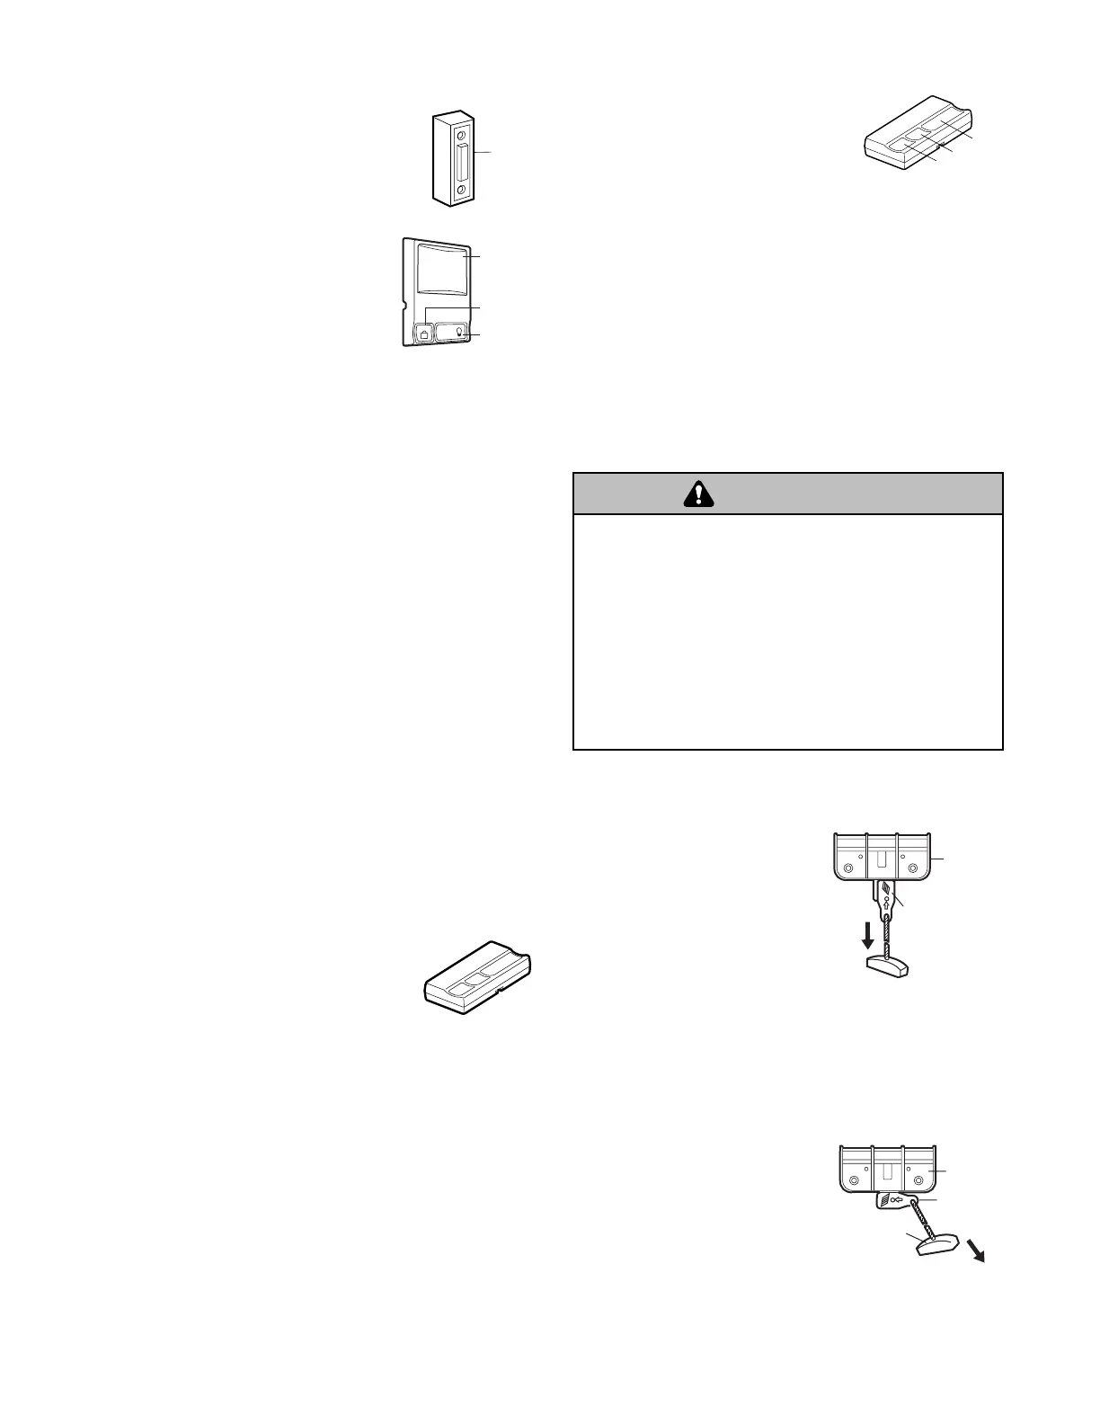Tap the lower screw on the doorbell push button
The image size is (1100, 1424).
(x=461, y=190)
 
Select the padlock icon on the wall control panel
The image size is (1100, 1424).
(x=423, y=334)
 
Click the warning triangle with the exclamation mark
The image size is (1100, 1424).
(x=698, y=494)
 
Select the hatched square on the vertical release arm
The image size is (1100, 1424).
(x=885, y=891)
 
